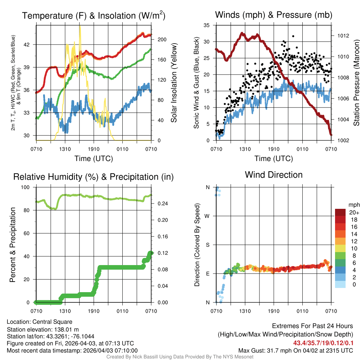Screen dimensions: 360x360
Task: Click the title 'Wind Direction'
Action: (274, 175)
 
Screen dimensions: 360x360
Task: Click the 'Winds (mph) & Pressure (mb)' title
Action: (274, 15)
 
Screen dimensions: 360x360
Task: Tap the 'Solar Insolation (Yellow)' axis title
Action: (174, 83)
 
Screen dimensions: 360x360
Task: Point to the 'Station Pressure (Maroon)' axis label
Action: (356, 83)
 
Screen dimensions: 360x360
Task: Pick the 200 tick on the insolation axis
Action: (161, 39)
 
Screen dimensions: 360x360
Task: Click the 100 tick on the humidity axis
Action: (26, 187)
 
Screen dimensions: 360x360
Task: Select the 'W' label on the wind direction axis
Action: (207, 216)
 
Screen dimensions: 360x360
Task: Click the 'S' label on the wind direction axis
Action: (207, 245)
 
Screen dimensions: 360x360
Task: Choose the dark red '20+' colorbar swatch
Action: (340, 212)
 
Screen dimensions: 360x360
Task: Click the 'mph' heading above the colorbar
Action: (353, 205)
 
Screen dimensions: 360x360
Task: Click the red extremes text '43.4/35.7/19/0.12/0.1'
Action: (323, 343)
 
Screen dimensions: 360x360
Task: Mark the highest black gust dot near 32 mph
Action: (293, 36)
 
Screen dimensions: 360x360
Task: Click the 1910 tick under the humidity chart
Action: (94, 311)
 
